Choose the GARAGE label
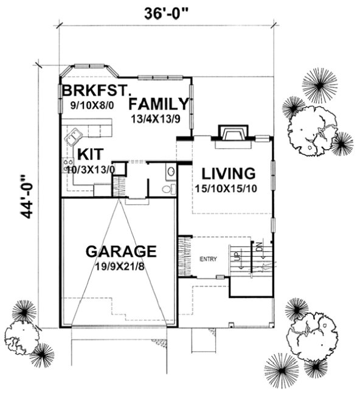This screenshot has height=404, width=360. pos(121,251)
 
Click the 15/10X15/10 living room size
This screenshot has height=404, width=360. pos(226,189)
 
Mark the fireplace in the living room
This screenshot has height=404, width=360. pos(232,133)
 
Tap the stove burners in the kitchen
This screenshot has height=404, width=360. pos(67,165)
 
